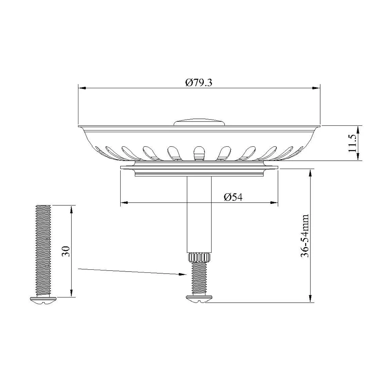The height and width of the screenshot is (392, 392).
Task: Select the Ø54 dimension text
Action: tap(233, 197)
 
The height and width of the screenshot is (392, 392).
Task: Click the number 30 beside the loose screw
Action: tap(66, 251)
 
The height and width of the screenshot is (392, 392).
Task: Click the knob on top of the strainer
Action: tap(199, 121)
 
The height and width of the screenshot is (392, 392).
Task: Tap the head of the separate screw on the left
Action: tap(43, 299)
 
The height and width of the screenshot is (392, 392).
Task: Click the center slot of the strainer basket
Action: tap(199, 152)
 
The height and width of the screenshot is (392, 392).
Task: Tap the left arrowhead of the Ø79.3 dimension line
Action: tap(81, 89)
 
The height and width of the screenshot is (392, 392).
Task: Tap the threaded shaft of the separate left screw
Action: tap(43, 251)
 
